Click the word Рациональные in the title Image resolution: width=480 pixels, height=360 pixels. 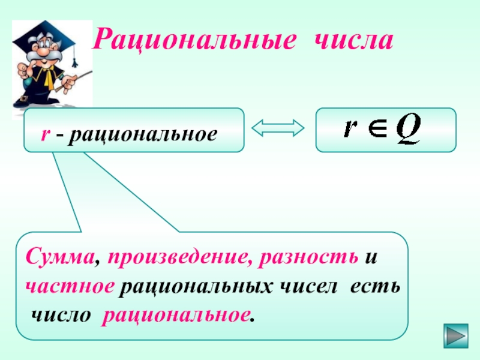click(x=195, y=42)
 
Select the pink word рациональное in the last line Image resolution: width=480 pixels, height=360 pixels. click(x=176, y=314)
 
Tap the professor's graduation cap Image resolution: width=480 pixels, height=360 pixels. click(x=43, y=31)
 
